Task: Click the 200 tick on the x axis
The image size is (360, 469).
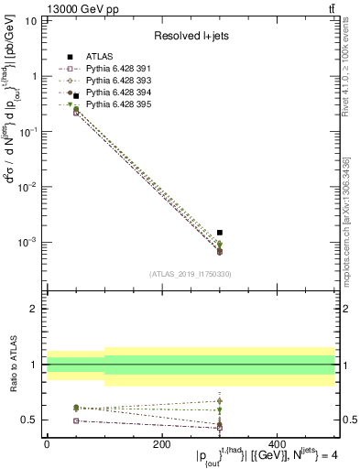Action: click(162, 444)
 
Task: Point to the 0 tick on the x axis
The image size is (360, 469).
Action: click(47, 444)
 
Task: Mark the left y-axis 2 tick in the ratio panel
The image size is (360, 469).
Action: click(34, 309)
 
